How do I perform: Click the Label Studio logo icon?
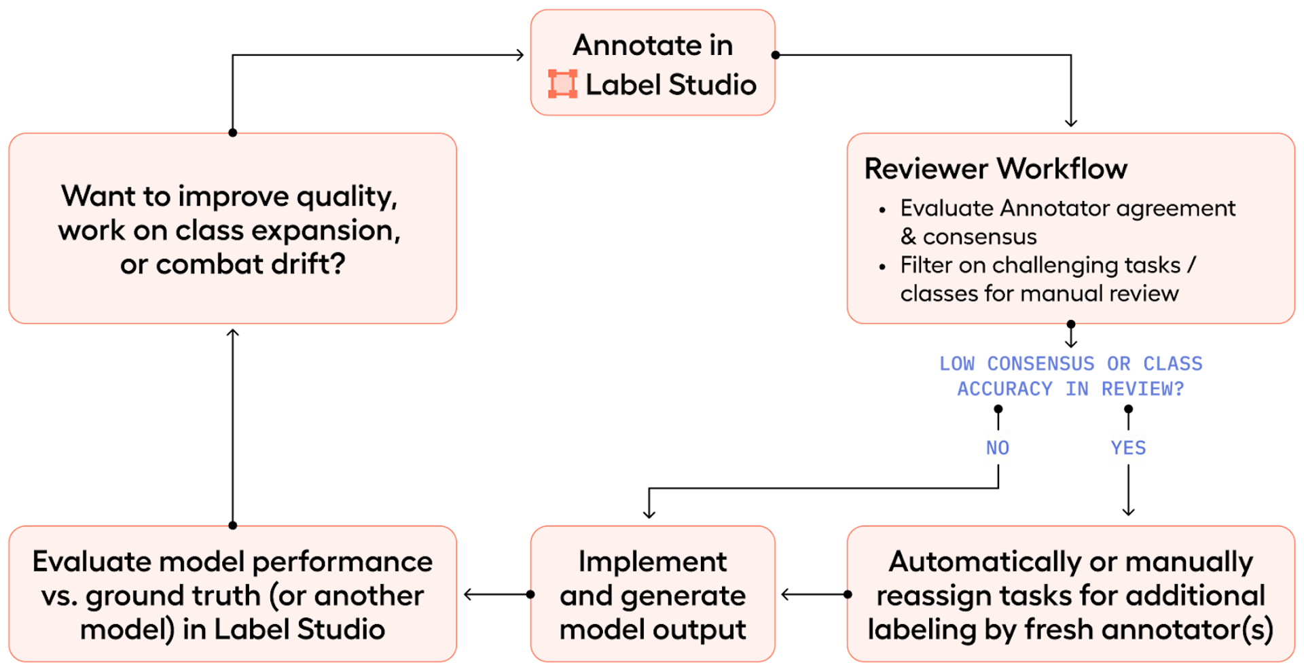click(562, 84)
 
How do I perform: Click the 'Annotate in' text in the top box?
click(653, 46)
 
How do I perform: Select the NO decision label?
click(998, 448)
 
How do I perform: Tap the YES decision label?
click(1128, 448)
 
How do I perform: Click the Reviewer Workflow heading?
click(996, 168)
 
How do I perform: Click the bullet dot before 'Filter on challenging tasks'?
click(882, 267)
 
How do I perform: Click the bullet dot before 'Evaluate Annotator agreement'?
click(882, 210)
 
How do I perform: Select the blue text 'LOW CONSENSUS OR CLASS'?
click(1070, 363)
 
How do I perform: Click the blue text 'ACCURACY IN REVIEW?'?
click(1070, 389)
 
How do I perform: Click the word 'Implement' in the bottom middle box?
click(653, 562)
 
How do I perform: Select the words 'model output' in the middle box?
click(653, 630)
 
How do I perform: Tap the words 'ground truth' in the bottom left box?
click(173, 596)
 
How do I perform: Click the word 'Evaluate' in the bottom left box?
click(92, 562)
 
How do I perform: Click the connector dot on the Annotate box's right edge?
click(774, 55)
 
